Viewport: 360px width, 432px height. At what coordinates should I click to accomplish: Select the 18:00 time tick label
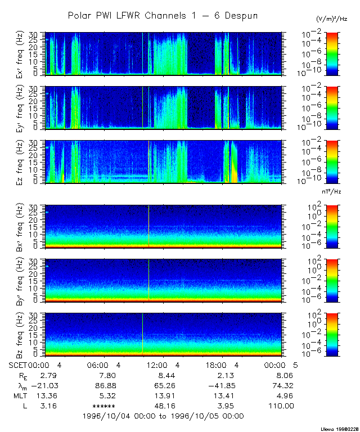[x=222, y=364]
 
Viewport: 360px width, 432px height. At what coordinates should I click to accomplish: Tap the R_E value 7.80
[x=107, y=375]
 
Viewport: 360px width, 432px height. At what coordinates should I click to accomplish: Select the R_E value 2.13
[x=226, y=375]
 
